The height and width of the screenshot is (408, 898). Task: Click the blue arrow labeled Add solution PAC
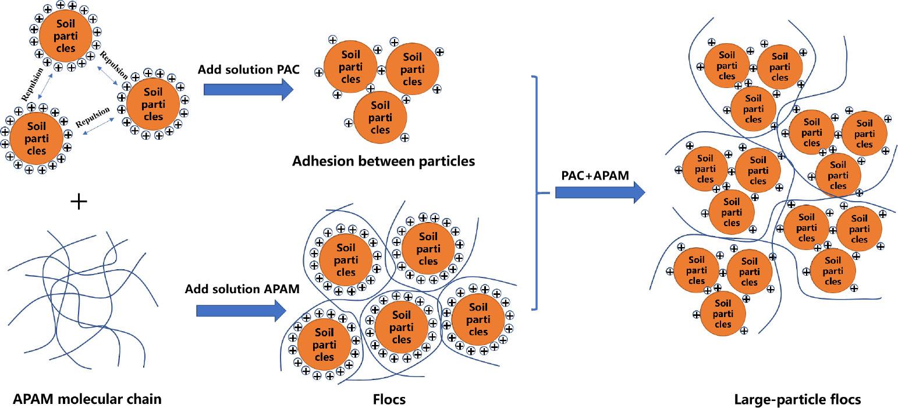248,89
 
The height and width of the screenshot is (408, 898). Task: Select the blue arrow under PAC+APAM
600,191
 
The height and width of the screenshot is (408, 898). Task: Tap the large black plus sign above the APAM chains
79,202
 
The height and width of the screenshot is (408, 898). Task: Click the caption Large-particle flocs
797,399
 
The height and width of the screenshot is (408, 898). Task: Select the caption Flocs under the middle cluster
389,399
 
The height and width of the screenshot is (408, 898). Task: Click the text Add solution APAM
243,289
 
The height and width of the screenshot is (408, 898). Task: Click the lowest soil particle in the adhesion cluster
380,117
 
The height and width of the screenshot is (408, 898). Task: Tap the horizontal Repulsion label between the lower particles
93,118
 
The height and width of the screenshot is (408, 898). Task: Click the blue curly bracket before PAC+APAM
539,192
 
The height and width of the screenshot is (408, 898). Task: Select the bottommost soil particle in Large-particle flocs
722,314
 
